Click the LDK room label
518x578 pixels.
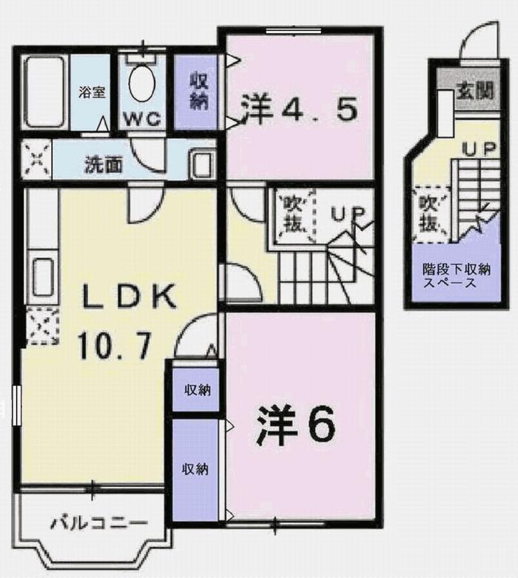coord(129,297)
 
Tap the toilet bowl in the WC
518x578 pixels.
coord(141,85)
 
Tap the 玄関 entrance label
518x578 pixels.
coord(474,91)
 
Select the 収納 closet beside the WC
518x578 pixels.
coord(197,91)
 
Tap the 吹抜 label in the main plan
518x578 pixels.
coord(293,213)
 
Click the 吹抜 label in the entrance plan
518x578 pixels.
coord(429,212)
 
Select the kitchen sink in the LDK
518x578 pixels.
coord(41,273)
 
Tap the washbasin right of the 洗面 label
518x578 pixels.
coord(201,163)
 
